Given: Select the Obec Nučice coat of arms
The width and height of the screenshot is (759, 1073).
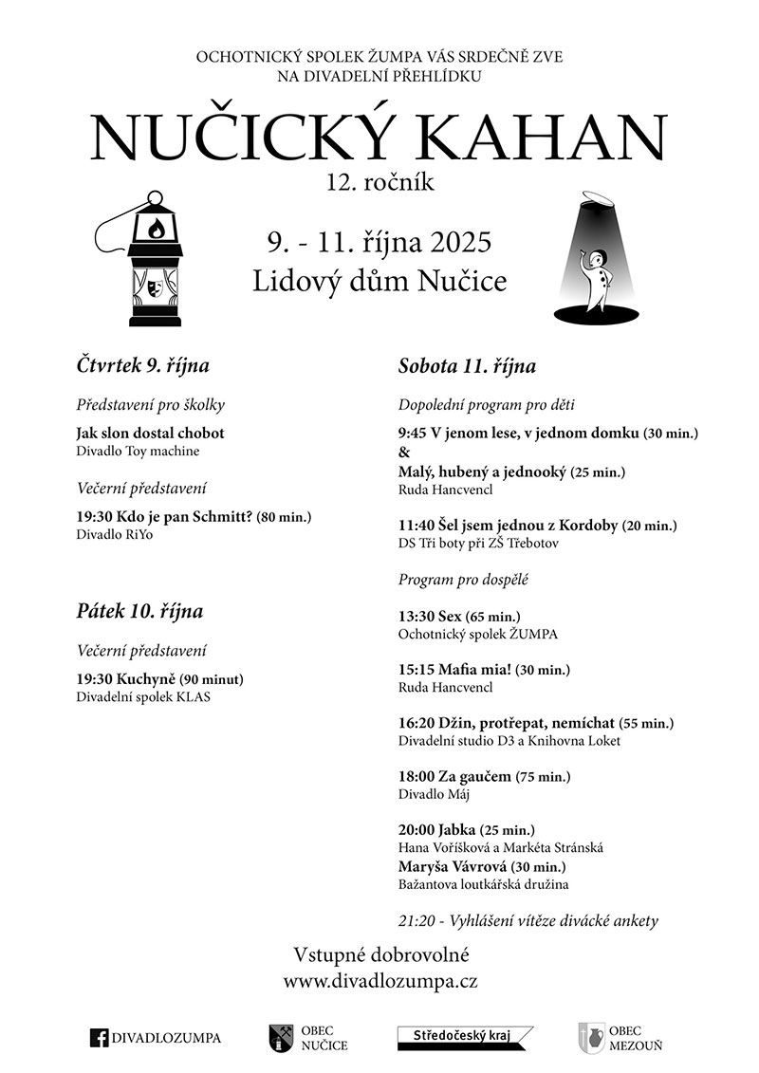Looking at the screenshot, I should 280,1038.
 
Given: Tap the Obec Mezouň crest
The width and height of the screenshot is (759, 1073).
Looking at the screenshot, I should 590,1038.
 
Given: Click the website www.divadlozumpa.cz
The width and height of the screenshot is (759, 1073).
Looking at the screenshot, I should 379,982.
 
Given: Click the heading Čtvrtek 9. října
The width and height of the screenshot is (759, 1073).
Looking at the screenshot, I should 143,365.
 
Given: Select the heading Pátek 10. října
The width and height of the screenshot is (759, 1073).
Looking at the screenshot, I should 139,611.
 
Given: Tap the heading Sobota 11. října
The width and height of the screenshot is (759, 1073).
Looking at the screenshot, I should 467,366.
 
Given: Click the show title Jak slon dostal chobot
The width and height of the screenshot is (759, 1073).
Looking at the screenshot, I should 150,434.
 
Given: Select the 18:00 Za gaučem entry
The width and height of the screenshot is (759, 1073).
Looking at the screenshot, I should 455,777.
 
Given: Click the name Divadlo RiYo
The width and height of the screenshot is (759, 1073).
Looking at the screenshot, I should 114,534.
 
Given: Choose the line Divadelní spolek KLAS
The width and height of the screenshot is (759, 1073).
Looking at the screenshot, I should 143,696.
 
